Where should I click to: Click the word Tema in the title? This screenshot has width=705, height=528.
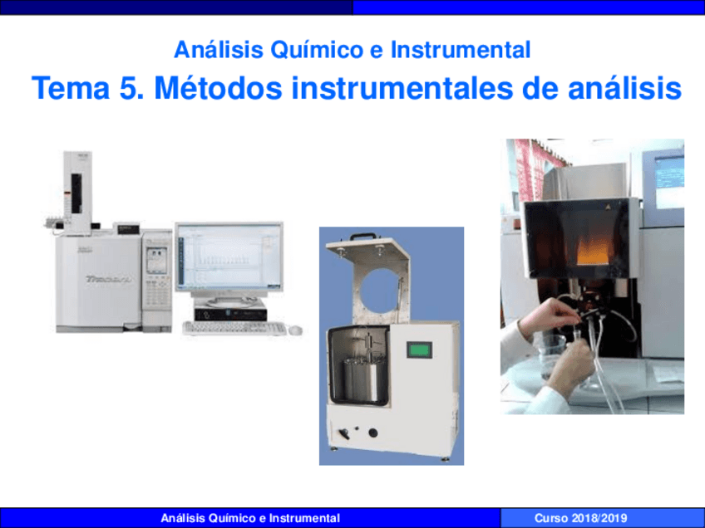pos(71,87)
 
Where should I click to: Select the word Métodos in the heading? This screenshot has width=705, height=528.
pos(218,87)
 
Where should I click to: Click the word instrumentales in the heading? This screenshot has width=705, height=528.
pos(402,87)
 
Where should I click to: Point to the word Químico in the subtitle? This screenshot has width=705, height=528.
pos(317,49)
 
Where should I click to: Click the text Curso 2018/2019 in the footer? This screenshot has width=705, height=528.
pos(580,518)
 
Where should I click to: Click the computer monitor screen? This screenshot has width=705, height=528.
pos(229,257)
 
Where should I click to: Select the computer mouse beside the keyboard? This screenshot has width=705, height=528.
pos(295,330)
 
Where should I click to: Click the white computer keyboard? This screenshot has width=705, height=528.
pos(234,328)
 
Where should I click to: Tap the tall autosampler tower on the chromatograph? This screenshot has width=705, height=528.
pos(77,193)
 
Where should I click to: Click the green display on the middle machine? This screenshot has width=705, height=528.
pos(420,350)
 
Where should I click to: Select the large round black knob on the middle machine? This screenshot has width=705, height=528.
pos(372,433)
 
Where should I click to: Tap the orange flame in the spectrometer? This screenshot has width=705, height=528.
pos(592,252)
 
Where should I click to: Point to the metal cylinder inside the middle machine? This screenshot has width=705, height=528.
pos(365,378)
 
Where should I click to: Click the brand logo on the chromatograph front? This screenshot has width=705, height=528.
pos(108,279)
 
